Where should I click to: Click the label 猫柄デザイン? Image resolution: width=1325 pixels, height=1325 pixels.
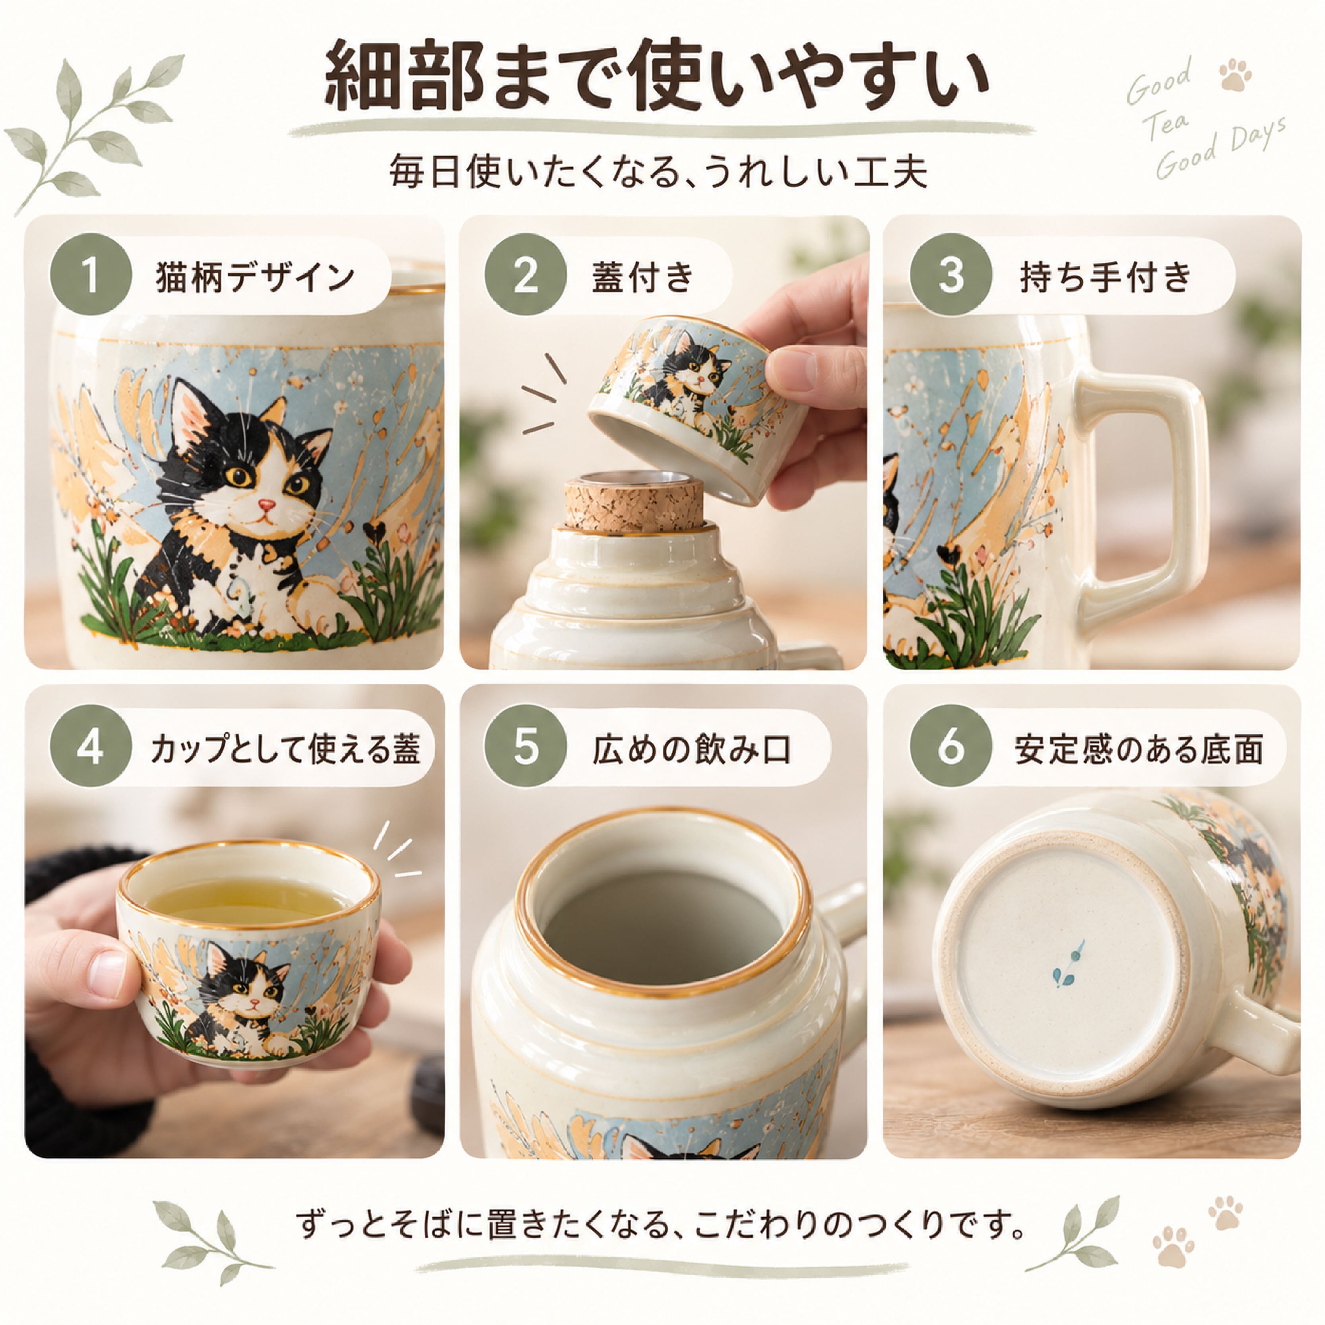[255, 276]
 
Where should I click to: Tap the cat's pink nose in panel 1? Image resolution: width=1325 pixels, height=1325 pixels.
[267, 505]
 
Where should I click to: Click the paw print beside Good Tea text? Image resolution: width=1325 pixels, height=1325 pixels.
[1236, 76]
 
